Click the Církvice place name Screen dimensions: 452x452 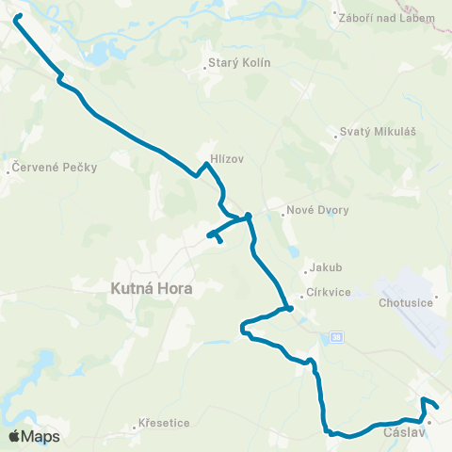328,292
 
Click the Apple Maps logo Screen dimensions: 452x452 34,436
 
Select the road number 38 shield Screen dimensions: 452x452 337,336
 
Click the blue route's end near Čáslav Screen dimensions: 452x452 438,407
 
